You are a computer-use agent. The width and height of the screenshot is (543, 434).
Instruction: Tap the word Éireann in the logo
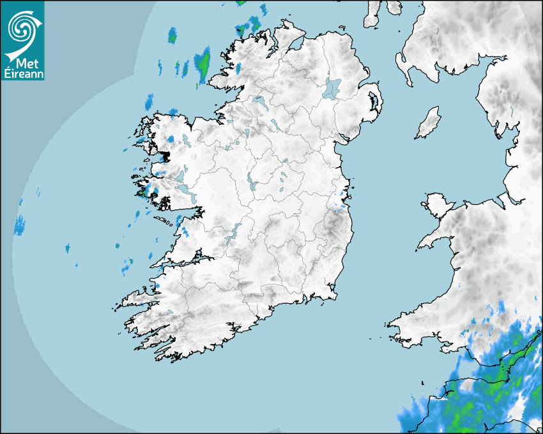pyautogui.click(x=22, y=73)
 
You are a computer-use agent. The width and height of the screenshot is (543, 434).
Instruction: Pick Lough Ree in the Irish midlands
pyautogui.click(x=251, y=183)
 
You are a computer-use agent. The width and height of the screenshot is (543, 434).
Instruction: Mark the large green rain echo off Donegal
pyautogui.click(x=203, y=63)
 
